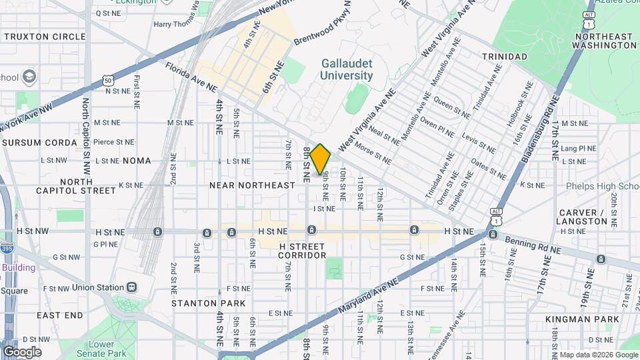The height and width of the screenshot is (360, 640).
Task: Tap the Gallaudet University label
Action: coord(346,69)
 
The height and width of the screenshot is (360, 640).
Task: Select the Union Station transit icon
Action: coord(132,287)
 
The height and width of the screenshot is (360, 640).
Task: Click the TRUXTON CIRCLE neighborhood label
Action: coord(44,37)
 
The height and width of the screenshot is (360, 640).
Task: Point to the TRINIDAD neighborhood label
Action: coord(505,57)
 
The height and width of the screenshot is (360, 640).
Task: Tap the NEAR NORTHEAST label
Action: coord(252,185)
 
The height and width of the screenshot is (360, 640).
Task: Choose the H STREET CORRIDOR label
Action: coord(302,251)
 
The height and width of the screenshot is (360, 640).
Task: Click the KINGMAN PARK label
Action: coord(583,319)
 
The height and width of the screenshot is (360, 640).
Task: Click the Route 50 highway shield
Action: coord(107,81)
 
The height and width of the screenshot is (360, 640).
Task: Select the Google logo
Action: coord(22,352)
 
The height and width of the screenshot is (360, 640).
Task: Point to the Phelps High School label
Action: coord(603,186)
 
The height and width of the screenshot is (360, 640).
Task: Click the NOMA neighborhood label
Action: coord(137,161)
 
